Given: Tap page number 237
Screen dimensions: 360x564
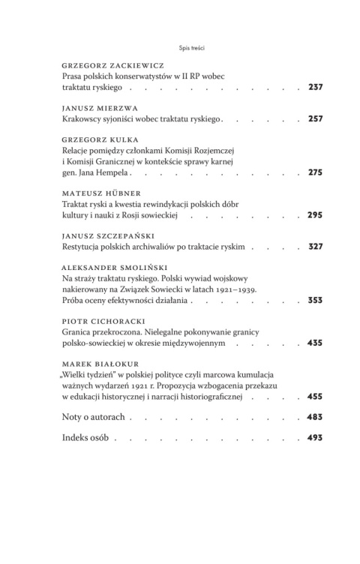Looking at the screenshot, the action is (x=315, y=88).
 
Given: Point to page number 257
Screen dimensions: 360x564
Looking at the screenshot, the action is (x=315, y=119).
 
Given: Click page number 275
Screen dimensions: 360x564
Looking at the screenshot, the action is (x=315, y=172).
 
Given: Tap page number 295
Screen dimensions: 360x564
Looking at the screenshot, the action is (x=315, y=215).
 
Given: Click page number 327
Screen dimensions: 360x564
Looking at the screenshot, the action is (x=315, y=247).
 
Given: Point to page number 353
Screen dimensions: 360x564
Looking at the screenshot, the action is (x=315, y=300).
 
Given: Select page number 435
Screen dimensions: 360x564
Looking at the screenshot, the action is (x=315, y=343).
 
